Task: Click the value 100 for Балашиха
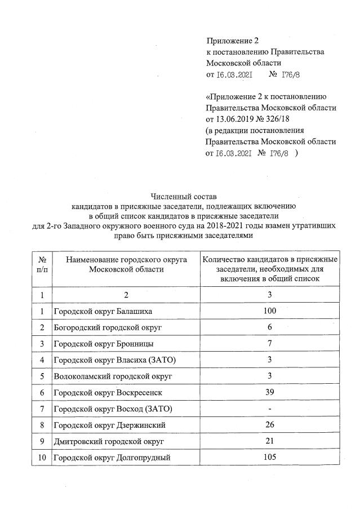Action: (x=270, y=311)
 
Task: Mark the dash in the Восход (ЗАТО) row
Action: (x=270, y=408)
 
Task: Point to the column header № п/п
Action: (x=42, y=264)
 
